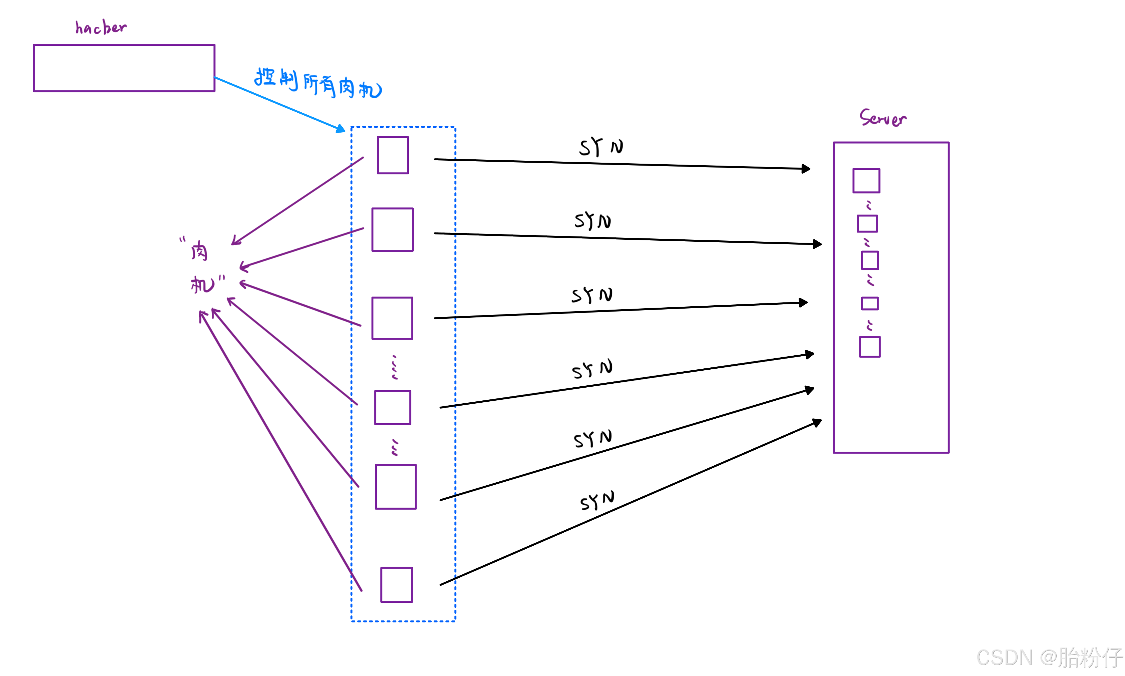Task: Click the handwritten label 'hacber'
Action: click(x=101, y=28)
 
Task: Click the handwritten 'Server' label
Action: click(x=883, y=118)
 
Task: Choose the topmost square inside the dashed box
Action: click(x=392, y=155)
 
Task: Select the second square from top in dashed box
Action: click(x=392, y=230)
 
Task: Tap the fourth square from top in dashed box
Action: click(x=392, y=407)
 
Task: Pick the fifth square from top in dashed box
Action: click(x=395, y=487)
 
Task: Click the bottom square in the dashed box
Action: click(x=396, y=585)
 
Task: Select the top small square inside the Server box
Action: click(x=866, y=181)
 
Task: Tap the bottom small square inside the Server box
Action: click(x=869, y=347)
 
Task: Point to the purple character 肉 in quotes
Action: click(x=199, y=251)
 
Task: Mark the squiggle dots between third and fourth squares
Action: click(x=394, y=367)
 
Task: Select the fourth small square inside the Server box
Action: click(x=869, y=303)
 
